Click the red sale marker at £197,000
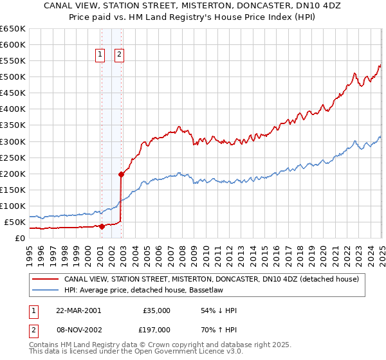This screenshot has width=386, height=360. pos(121,174)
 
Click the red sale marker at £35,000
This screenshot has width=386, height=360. pos(102,226)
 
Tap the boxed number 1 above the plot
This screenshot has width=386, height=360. pos(101,55)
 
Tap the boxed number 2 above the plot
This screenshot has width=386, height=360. pos(120,55)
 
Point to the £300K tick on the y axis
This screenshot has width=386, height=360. pos(13,141)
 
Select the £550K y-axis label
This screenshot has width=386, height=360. pos(13,61)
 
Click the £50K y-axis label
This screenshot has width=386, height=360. pos(15,222)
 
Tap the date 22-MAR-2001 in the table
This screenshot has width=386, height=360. pos(78,310)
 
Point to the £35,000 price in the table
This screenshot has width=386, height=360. pos(156,310)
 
